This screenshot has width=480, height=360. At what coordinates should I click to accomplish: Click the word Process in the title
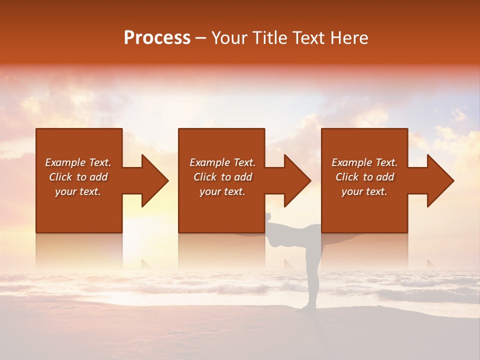pos(157,38)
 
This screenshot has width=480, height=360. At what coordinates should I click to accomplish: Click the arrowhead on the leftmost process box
pos(153,180)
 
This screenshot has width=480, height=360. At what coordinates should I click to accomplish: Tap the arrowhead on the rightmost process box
pos(439,180)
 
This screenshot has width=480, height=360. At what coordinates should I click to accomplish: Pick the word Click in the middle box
pos(205,177)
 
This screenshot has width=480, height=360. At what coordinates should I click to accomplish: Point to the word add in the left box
pos(98,177)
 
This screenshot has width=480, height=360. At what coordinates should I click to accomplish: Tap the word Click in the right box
pos(347,177)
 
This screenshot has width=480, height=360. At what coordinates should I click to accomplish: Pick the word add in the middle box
pos(243,177)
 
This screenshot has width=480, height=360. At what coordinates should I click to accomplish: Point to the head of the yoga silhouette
pos(269,216)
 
